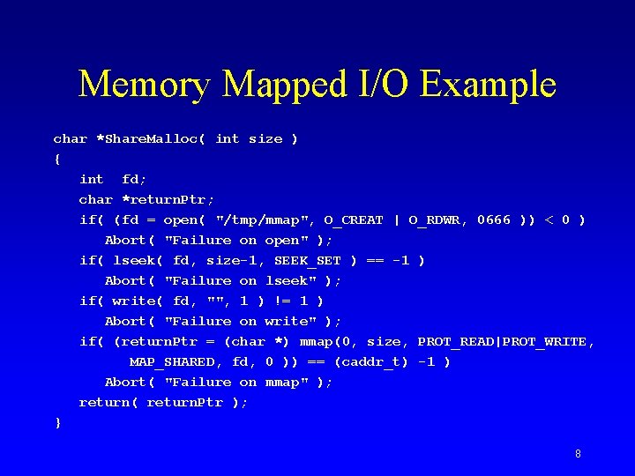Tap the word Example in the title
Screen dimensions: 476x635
coord(489,86)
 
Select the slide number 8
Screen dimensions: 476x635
coord(578,454)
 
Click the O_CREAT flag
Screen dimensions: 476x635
coord(353,220)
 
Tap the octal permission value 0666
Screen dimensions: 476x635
coord(494,220)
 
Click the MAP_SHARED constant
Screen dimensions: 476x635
coord(172,362)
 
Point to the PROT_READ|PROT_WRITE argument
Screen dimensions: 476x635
coord(506,342)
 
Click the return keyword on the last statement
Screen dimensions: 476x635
coord(104,403)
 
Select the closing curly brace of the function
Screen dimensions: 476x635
coord(58,423)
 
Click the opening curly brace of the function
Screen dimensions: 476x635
coord(58,160)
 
